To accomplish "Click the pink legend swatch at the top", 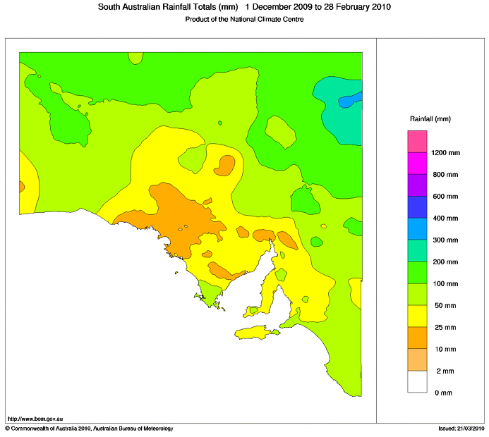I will [x=417, y=141].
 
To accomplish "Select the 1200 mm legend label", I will [x=445, y=152].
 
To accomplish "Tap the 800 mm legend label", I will [x=445, y=174].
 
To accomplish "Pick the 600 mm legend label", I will [x=445, y=196].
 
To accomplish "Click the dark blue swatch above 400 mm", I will [x=417, y=207].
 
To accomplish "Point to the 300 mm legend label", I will [x=445, y=240].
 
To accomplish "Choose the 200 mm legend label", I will [x=445, y=261].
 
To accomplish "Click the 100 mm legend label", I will [x=445, y=283].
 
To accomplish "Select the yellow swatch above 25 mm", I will [x=417, y=316].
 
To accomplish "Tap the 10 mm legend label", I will [x=445, y=349].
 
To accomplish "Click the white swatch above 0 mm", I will [x=417, y=381].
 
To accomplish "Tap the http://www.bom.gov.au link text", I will [x=35, y=419].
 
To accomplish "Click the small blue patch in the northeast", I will [x=351, y=100].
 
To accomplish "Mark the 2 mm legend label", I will [x=445, y=371].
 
